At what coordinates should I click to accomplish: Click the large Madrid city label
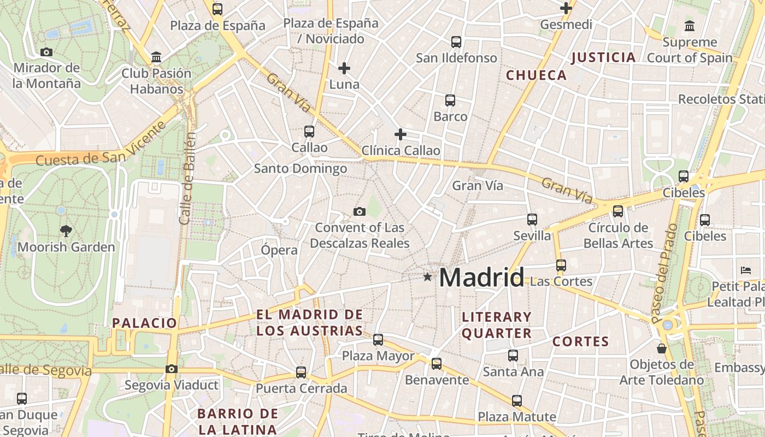pos(481,277)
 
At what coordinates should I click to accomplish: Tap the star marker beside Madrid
pos(427,277)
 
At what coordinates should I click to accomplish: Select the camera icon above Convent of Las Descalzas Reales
pos(360,211)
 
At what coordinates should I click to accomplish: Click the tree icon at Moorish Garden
pos(66,231)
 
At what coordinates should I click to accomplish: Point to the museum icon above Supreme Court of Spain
pos(690,26)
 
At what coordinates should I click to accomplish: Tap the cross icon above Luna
pos(344,68)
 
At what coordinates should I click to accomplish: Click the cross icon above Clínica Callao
pos(401,134)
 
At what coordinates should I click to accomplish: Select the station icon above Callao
pos(309,132)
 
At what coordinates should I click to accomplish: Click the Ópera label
pos(279,250)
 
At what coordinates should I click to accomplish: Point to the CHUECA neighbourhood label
pos(536,75)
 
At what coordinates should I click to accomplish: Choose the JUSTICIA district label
pos(603,57)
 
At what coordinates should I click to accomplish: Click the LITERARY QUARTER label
pos(496,325)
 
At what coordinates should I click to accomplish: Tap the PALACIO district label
pos(145,323)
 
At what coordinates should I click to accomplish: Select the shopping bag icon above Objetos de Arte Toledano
pos(662,348)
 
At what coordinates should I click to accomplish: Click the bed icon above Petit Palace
pos(746,270)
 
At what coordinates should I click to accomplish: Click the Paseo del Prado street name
pos(664,273)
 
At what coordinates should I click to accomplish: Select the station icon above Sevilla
pos(532,220)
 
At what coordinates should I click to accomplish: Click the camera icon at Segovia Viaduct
pos(172,369)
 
